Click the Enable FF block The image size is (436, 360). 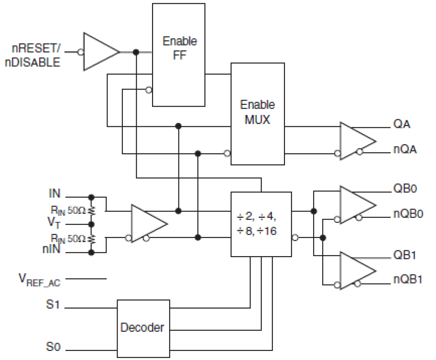click(x=178, y=55)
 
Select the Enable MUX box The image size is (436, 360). click(x=258, y=114)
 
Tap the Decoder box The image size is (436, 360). click(x=143, y=328)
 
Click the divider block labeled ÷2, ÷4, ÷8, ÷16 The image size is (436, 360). click(x=261, y=224)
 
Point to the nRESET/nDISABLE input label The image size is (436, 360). click(x=33, y=55)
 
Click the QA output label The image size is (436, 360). click(x=401, y=124)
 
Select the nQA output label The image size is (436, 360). click(x=405, y=149)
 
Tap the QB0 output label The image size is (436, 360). click(x=405, y=188)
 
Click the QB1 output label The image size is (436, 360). click(x=404, y=255)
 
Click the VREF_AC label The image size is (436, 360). click(x=39, y=280)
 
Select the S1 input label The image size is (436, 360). click(x=53, y=305)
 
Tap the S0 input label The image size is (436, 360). click(x=53, y=346)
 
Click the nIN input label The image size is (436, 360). click(x=51, y=249)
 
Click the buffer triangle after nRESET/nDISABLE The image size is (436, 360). click(x=99, y=52)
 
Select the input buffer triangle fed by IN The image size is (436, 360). click(x=146, y=224)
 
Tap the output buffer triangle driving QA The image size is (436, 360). click(x=356, y=141)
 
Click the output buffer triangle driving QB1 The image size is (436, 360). click(x=356, y=271)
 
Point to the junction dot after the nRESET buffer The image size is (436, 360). click(x=136, y=52)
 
